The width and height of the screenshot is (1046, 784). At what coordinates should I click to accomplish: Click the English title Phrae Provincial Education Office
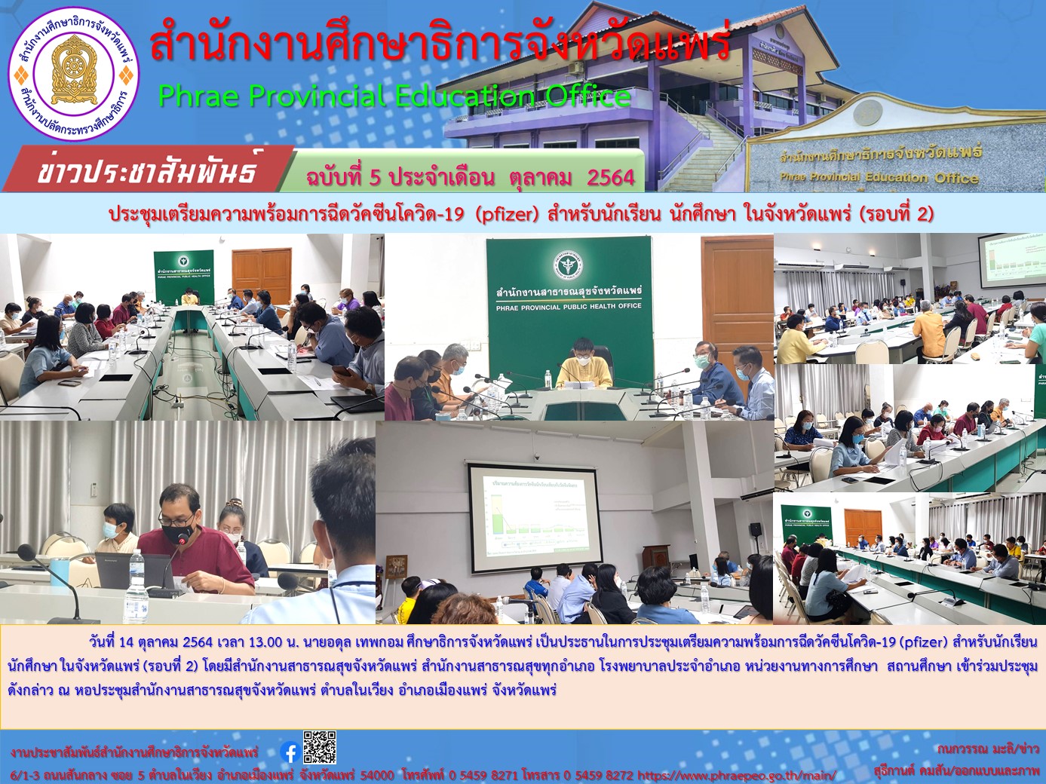[394, 96]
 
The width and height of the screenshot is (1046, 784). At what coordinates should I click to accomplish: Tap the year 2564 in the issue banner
[610, 177]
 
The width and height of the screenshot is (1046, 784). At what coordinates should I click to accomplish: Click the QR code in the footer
[320, 747]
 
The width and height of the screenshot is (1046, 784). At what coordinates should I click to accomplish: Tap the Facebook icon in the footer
[289, 752]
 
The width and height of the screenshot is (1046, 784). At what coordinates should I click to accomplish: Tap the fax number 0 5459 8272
[598, 775]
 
